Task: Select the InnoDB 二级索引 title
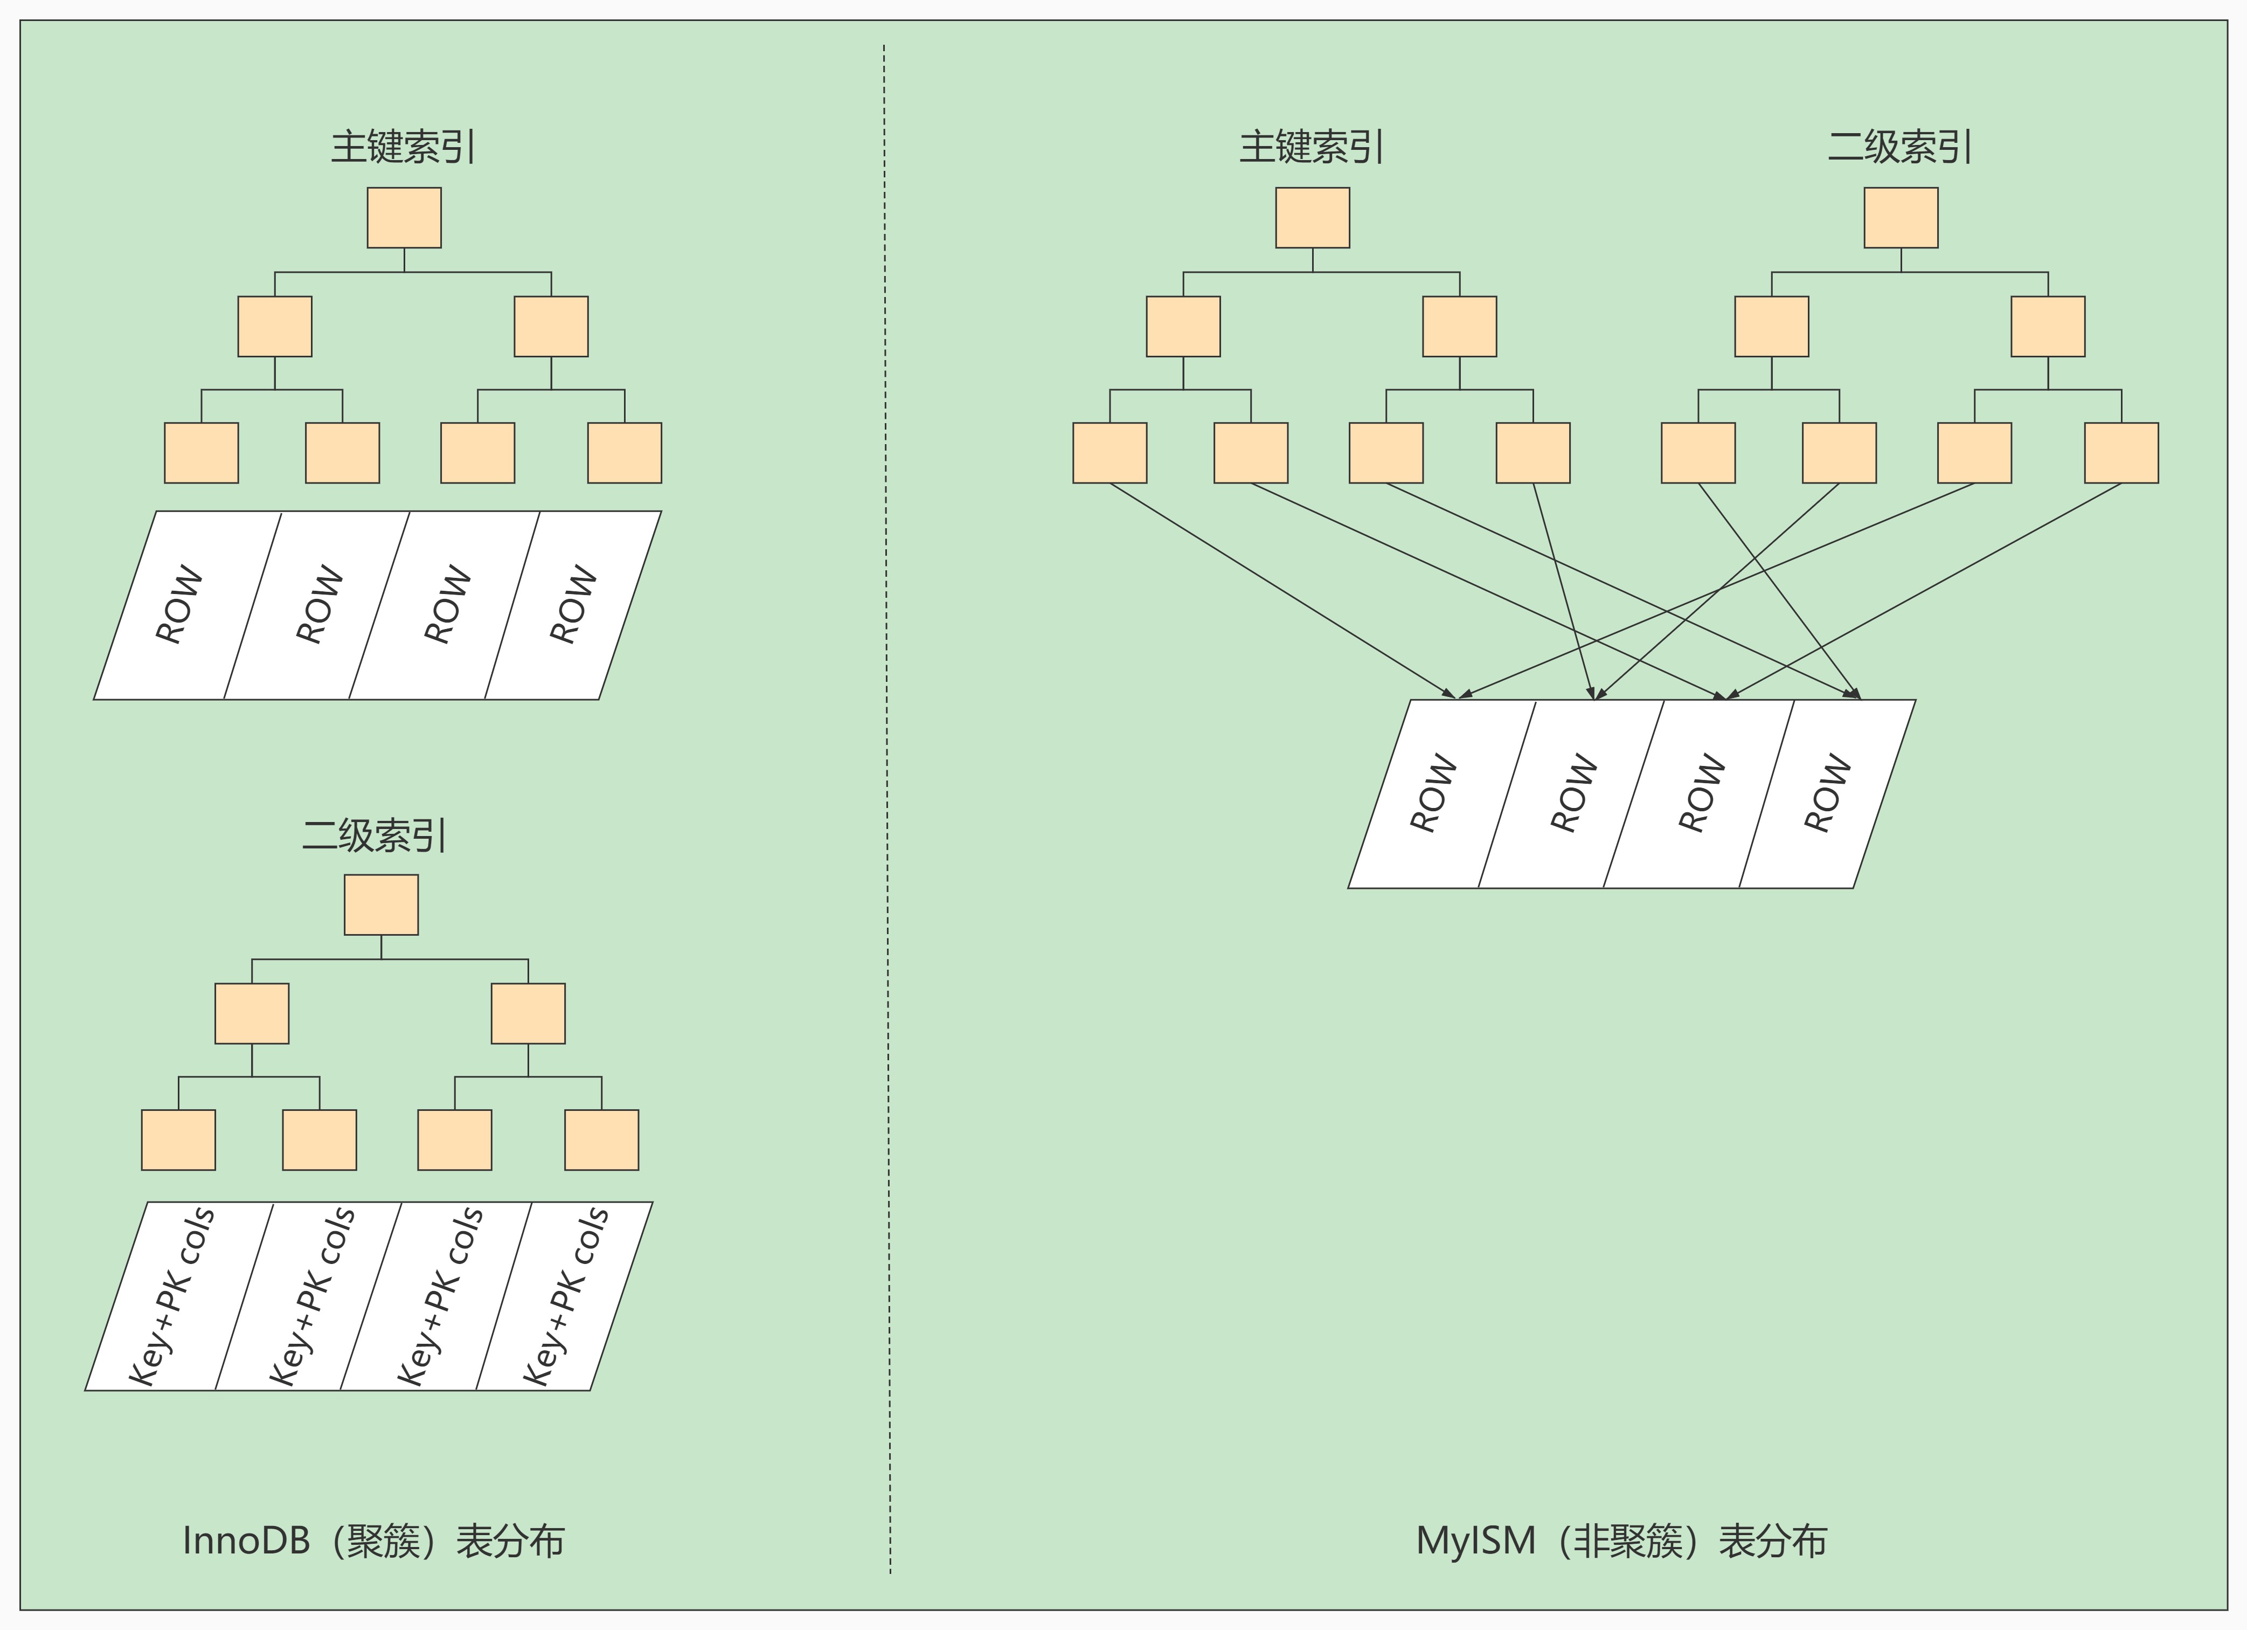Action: click(x=374, y=835)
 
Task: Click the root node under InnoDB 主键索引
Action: click(x=404, y=218)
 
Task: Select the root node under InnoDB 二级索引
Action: click(x=382, y=904)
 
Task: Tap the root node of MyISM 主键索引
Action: click(x=1313, y=218)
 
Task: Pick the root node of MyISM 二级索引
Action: click(x=1901, y=218)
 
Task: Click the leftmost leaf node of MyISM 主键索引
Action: click(x=1109, y=453)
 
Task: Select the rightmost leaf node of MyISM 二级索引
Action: click(x=2121, y=453)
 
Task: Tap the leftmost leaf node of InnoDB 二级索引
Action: click(x=178, y=1139)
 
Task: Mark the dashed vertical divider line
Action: click(x=887, y=793)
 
